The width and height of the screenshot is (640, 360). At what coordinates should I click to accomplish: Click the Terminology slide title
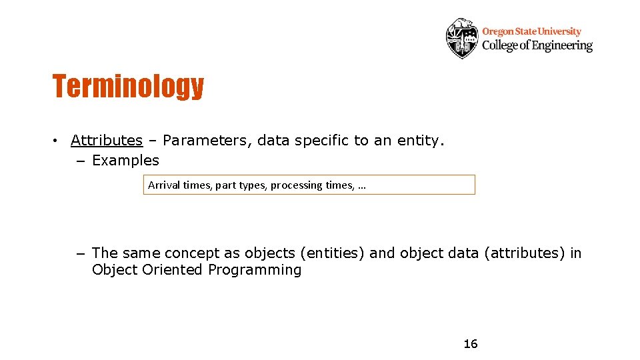(x=128, y=86)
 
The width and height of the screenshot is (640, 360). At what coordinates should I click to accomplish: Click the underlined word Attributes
(x=107, y=140)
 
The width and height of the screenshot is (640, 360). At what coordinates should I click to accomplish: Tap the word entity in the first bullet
(x=419, y=140)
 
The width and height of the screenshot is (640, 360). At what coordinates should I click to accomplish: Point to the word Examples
(x=125, y=161)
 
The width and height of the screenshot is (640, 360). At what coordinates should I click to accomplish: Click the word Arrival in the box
(x=164, y=185)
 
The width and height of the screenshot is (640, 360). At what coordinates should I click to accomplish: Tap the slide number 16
(x=471, y=344)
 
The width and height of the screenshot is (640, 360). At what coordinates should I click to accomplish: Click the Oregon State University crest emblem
(x=461, y=38)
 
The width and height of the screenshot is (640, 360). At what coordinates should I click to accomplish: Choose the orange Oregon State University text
(x=531, y=31)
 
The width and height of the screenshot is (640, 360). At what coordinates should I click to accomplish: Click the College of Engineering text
(x=537, y=45)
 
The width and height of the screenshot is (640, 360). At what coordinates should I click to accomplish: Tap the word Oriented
(x=171, y=270)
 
